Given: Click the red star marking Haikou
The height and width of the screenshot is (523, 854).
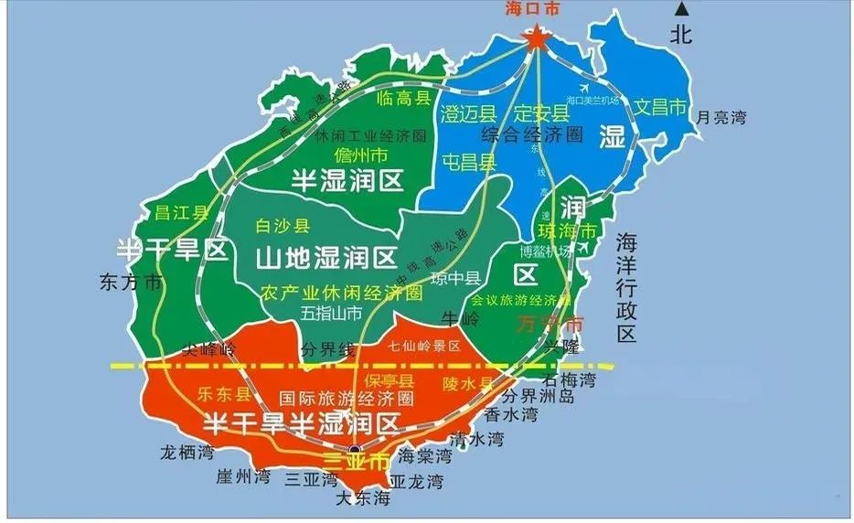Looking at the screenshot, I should pyautogui.click(x=536, y=37).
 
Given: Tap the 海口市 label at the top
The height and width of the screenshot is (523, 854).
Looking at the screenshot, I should pyautogui.click(x=531, y=10).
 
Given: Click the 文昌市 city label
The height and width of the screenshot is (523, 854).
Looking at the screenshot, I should pyautogui.click(x=660, y=107).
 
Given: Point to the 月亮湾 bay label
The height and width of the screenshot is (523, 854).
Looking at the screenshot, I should pyautogui.click(x=721, y=117).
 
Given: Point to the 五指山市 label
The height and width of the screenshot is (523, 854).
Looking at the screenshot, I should pyautogui.click(x=330, y=314).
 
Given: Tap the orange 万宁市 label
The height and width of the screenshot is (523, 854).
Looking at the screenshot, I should pyautogui.click(x=550, y=324).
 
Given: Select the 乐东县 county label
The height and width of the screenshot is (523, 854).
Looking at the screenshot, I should pyautogui.click(x=223, y=394).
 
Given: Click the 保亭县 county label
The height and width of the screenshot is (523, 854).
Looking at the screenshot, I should pyautogui.click(x=389, y=380).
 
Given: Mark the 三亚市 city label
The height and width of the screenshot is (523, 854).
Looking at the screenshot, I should pyautogui.click(x=358, y=461).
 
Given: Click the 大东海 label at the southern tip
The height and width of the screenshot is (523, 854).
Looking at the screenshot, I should pyautogui.click(x=363, y=498).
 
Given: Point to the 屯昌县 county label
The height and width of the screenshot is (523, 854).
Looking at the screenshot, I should pyautogui.click(x=468, y=163).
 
